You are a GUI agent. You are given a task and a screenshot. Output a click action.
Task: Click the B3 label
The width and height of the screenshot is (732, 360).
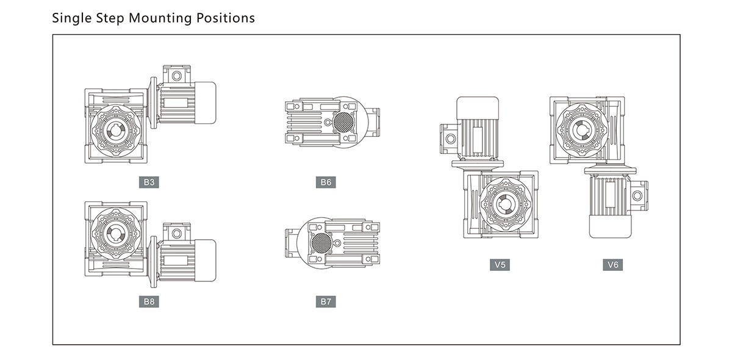[148, 182]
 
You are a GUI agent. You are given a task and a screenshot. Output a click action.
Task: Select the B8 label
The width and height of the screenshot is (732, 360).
[148, 301]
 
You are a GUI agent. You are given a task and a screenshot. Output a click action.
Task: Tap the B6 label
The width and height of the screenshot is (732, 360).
[326, 182]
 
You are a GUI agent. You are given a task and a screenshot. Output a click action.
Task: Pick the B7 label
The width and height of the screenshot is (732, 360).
[326, 301]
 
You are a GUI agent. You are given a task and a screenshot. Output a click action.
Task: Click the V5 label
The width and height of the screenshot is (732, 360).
[500, 265]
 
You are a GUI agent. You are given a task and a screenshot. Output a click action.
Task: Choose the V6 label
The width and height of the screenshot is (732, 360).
[613, 265]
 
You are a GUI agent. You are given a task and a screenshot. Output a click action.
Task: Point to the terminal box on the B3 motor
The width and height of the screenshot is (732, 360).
[176, 74]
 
